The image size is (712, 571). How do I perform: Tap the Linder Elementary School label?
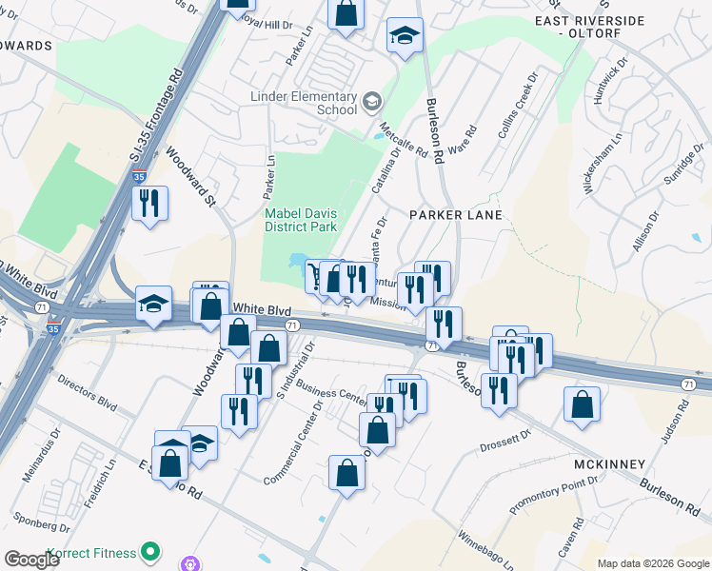click(x=303, y=103)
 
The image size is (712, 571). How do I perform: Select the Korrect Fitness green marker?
click(x=149, y=551)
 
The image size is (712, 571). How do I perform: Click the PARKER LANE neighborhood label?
click(x=455, y=215)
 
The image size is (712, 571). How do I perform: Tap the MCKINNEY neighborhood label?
click(x=610, y=463)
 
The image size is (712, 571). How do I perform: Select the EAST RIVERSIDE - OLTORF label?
click(x=591, y=27)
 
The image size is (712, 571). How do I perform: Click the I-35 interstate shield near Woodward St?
click(x=139, y=177)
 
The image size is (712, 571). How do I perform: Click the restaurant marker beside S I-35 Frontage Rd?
click(x=150, y=204)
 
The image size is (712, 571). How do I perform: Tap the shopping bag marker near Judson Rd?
click(x=582, y=404)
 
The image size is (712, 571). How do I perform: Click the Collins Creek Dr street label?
click(x=518, y=105)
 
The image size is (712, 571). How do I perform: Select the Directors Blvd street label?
click(x=87, y=391)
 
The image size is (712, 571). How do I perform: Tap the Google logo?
click(x=33, y=561)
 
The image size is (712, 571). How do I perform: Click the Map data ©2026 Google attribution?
click(x=652, y=563)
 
